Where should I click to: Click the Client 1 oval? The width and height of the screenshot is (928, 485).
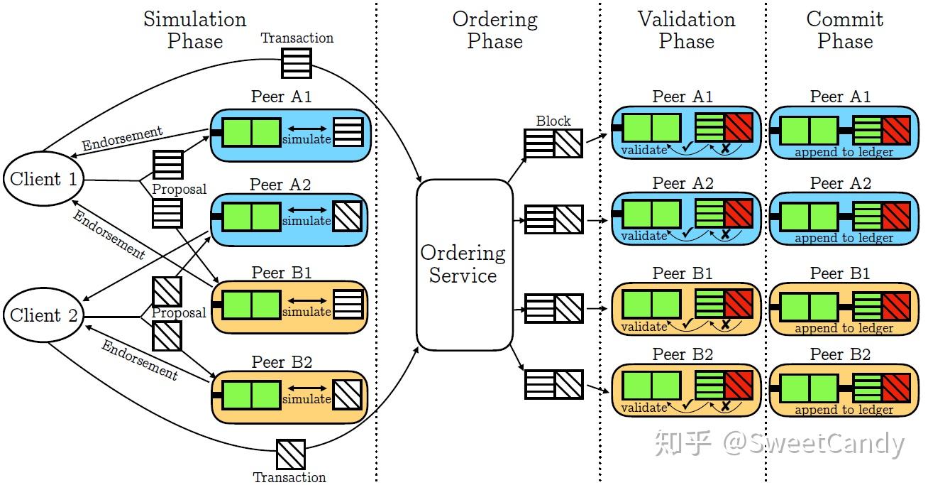(x=43, y=180)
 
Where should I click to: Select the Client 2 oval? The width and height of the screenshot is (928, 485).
(x=43, y=315)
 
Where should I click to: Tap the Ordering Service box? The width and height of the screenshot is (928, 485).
(x=463, y=264)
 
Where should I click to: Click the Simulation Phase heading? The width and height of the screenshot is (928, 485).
(x=195, y=30)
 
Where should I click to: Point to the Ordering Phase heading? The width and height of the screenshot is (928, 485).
(x=495, y=30)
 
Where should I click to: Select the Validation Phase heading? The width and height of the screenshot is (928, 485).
(x=686, y=30)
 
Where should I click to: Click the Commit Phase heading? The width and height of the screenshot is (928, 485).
(x=844, y=30)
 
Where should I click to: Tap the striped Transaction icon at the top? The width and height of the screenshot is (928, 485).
(x=296, y=63)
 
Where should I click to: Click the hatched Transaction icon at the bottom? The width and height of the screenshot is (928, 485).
(x=290, y=454)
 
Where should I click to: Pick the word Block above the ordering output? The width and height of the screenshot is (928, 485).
(x=553, y=121)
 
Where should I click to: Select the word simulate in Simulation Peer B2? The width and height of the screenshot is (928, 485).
(x=306, y=400)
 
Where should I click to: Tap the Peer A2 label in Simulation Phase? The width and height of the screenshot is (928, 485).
(x=280, y=185)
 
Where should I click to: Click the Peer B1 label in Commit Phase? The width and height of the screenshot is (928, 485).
(x=840, y=273)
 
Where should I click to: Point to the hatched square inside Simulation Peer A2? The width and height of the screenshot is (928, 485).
(x=347, y=214)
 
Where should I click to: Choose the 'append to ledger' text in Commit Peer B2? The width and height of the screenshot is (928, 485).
(x=844, y=410)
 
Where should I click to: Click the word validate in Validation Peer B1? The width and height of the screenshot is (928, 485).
(x=643, y=327)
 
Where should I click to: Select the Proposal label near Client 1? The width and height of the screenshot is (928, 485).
(x=179, y=190)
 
